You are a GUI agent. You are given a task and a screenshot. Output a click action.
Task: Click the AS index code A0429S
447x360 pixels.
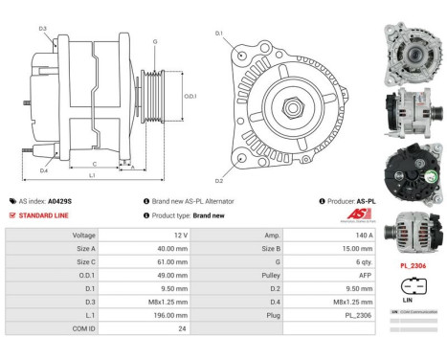click(59, 202)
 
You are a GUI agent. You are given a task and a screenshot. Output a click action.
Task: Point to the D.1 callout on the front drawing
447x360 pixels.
click(219, 34)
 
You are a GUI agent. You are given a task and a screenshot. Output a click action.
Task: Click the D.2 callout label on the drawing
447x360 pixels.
click(219, 180)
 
